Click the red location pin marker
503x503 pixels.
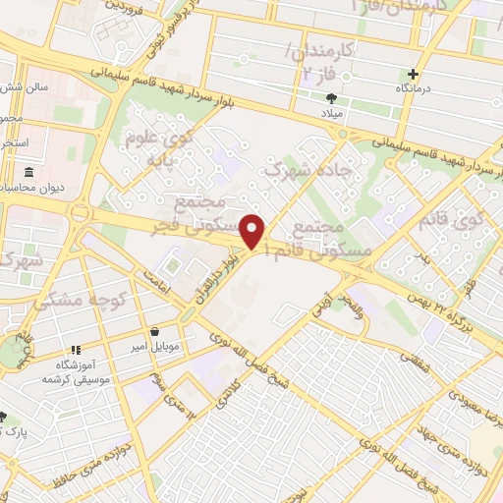coord(253,231)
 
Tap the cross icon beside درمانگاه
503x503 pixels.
coord(414,74)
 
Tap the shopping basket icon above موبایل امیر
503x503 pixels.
coord(155,332)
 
